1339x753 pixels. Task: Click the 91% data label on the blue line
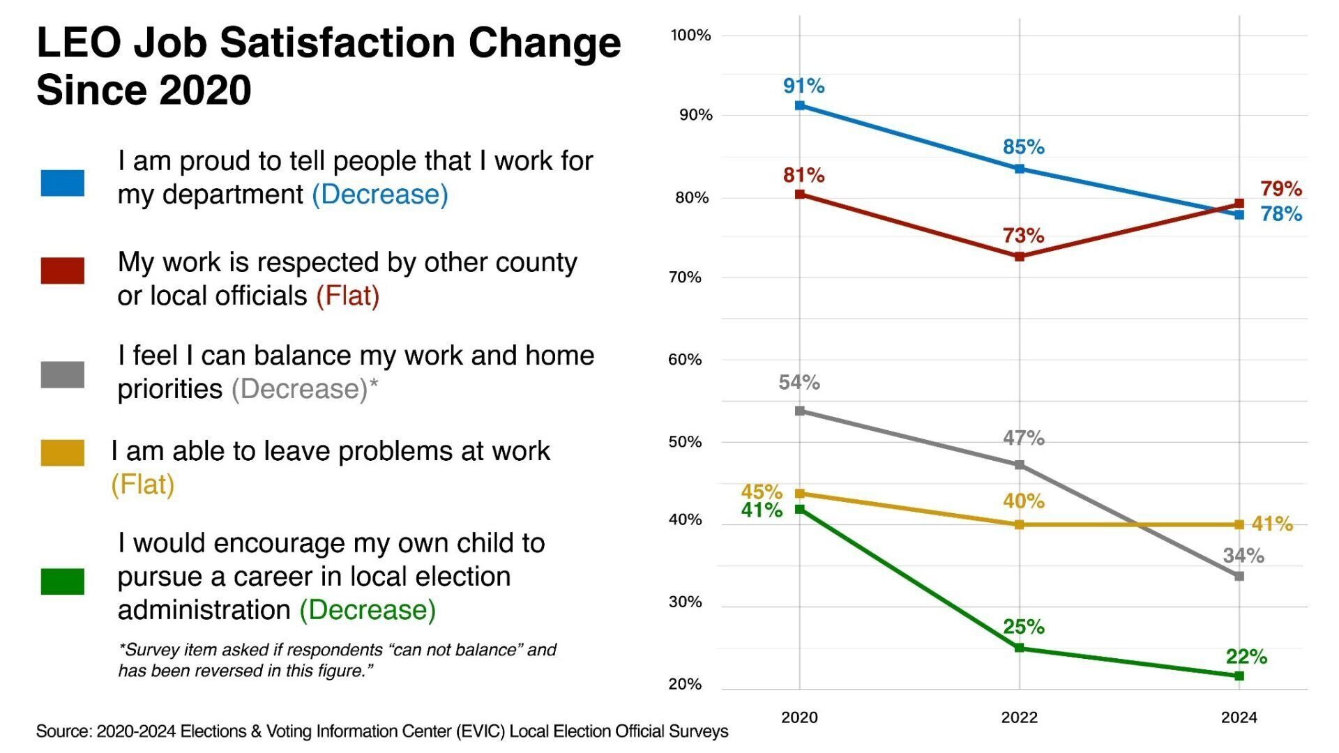tap(803, 86)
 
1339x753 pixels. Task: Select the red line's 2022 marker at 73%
tap(1019, 257)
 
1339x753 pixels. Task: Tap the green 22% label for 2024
tap(1246, 656)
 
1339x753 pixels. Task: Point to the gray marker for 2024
tap(1239, 577)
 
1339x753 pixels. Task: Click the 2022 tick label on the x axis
tap(1019, 717)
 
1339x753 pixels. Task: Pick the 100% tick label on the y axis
tap(690, 35)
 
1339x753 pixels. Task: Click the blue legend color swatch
tap(62, 183)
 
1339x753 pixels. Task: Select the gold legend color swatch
tap(62, 452)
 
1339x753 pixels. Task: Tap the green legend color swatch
tap(62, 581)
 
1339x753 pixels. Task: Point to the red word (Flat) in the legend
tap(347, 296)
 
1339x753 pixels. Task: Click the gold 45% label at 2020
tap(761, 492)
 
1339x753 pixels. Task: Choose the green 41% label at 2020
tap(761, 510)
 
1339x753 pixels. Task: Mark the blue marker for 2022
tap(1019, 169)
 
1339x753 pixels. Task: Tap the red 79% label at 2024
tap(1280, 188)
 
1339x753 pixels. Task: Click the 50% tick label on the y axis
tap(685, 442)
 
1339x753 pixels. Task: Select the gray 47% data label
tap(1023, 438)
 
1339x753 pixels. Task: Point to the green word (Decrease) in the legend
tap(368, 610)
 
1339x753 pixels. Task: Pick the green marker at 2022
tap(1019, 648)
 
